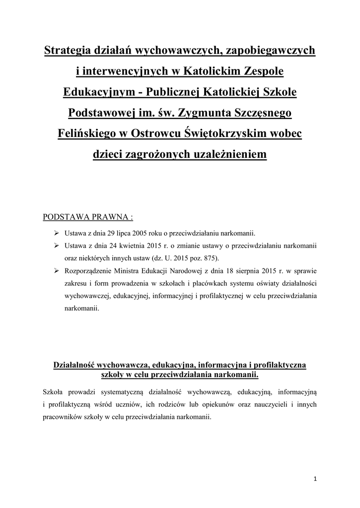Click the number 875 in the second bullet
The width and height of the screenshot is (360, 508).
pos(209,258)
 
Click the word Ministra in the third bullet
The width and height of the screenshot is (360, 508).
pos(125,271)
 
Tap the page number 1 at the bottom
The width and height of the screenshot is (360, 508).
pos(316,479)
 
